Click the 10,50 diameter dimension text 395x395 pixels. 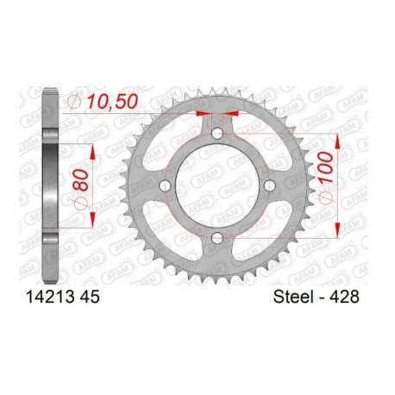(113, 102)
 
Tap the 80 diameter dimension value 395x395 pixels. (80, 179)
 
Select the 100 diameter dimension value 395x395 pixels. (325, 167)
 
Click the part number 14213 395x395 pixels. (50, 297)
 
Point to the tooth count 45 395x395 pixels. (89, 297)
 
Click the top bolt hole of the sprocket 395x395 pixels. (217, 134)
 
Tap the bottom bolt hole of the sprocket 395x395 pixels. (217, 238)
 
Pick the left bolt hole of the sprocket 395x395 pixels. (165, 185)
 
